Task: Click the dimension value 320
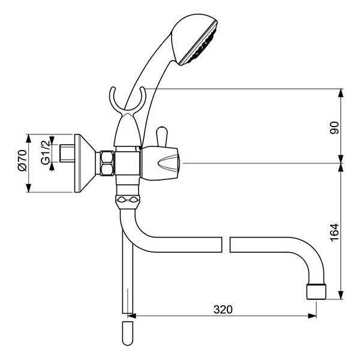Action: (223, 310)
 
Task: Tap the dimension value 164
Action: (335, 232)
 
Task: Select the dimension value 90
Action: (335, 128)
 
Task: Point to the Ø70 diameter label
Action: (23, 160)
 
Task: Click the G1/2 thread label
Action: (45, 152)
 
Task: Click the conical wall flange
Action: (85, 163)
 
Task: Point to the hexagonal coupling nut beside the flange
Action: (107, 163)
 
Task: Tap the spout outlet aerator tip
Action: (316, 292)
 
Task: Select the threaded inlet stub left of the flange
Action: (67, 153)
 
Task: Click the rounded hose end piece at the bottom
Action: (128, 334)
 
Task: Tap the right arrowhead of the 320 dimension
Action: (312, 316)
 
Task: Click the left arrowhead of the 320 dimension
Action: (132, 316)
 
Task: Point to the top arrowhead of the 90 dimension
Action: (341, 93)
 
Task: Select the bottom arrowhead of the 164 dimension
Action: (341, 295)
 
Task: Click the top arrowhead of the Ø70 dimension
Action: (28, 139)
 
